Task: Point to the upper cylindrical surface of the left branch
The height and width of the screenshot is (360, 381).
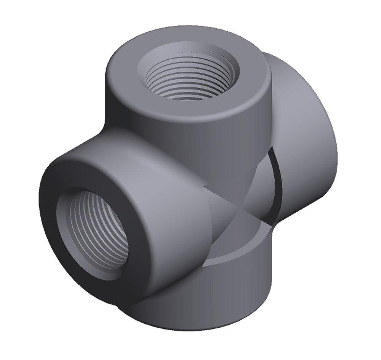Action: click(x=126, y=152)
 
